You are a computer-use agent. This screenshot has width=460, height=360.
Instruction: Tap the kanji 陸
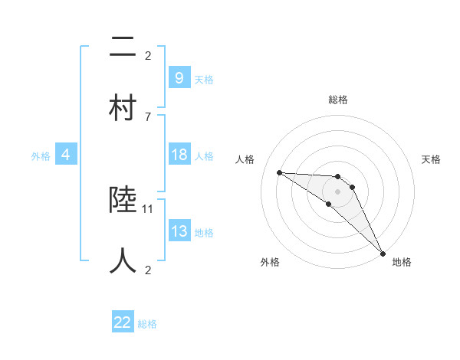[123, 201]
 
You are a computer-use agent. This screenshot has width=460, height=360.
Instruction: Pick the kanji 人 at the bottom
[123, 261]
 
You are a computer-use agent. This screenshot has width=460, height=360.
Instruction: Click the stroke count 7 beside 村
[148, 116]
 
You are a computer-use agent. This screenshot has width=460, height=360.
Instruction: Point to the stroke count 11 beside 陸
[149, 208]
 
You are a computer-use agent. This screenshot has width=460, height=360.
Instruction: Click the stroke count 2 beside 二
[148, 55]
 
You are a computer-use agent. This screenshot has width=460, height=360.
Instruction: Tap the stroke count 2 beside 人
[148, 270]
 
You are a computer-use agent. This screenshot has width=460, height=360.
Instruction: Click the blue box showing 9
[179, 78]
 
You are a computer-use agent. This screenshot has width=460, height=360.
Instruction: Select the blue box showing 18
[179, 155]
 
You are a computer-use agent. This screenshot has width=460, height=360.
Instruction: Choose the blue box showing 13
[179, 231]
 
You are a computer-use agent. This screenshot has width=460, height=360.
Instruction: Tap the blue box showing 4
[65, 155]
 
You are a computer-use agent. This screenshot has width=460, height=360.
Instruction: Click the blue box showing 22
[123, 322]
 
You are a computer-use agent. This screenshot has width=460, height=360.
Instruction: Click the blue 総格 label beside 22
[147, 324]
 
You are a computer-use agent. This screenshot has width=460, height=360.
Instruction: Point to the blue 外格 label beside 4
[41, 156]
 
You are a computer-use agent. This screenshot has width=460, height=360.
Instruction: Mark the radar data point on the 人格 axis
[279, 172]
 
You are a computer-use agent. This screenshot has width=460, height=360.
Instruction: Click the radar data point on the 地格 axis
[383, 252]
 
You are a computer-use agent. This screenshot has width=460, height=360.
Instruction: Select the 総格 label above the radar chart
[337, 100]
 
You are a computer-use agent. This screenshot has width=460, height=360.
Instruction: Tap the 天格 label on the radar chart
[432, 159]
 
